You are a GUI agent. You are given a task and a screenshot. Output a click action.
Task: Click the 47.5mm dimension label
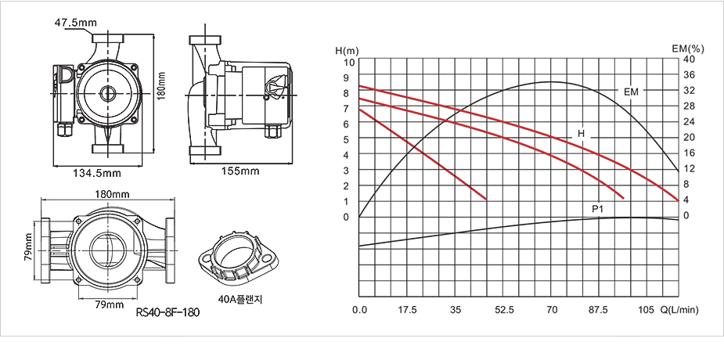75,22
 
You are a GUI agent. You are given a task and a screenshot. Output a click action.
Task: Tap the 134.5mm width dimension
97,173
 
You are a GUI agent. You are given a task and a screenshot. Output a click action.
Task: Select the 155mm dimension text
240,171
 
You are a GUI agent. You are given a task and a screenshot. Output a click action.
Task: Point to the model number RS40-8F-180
168,312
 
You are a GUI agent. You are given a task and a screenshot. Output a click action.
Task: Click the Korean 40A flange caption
240,300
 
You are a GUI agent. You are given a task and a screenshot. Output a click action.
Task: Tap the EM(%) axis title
687,48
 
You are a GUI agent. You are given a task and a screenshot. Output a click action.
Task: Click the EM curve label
631,92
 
